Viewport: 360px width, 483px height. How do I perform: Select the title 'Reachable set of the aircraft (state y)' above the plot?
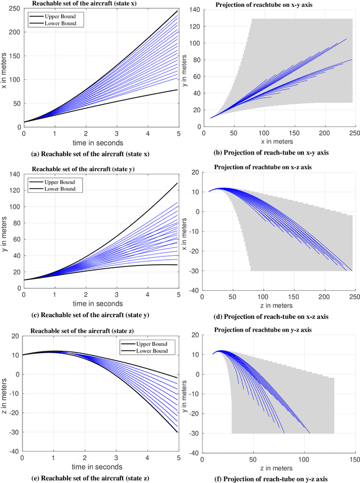pos(87,169)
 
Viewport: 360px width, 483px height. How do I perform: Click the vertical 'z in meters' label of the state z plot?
pos(4,392)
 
